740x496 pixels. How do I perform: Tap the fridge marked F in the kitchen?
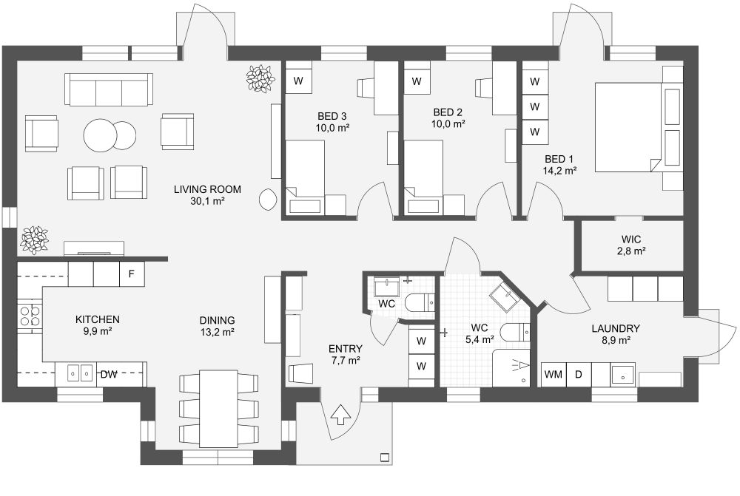pyautogui.click(x=131, y=274)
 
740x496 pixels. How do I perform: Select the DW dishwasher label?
pyautogui.click(x=109, y=374)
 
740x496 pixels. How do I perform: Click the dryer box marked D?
pyautogui.click(x=579, y=375)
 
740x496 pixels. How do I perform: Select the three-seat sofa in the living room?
pyautogui.click(x=109, y=89)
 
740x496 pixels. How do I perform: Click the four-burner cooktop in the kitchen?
pyautogui.click(x=29, y=316)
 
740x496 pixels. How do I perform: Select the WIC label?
pyautogui.click(x=631, y=239)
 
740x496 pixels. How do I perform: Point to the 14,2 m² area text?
pyautogui.click(x=559, y=169)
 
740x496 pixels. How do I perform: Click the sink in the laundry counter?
pyautogui.click(x=622, y=375)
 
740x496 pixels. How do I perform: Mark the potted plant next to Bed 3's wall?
pyautogui.click(x=260, y=78)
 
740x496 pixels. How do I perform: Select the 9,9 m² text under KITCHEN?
pyautogui.click(x=97, y=331)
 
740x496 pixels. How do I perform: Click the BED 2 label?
pyautogui.click(x=448, y=112)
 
